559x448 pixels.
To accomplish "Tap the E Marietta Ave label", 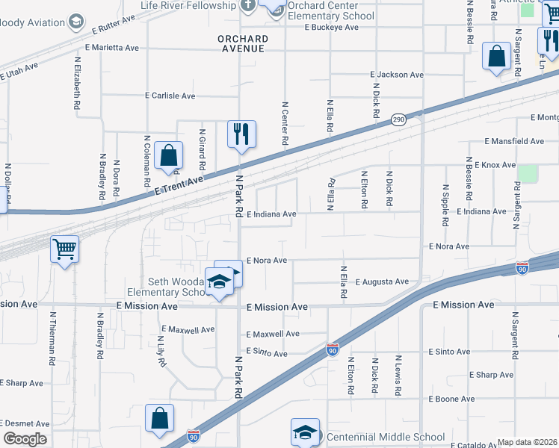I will [112, 47].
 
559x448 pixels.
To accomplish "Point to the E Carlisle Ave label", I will [170, 96].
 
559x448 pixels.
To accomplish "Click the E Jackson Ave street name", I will [397, 75].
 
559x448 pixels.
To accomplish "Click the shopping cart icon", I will [65, 249].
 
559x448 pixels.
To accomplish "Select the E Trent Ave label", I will [179, 187].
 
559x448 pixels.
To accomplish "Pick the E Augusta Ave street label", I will [382, 281].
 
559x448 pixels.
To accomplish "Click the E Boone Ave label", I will [452, 399].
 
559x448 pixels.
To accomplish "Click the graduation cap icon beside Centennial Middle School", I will [305, 432].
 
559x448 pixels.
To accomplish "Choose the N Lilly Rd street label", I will [161, 351].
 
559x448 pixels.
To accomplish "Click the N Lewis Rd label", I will [398, 376].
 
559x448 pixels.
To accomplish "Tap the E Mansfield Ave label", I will [514, 141].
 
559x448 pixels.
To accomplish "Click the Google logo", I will [25, 439].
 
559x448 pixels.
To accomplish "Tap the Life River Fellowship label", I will [188, 5].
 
